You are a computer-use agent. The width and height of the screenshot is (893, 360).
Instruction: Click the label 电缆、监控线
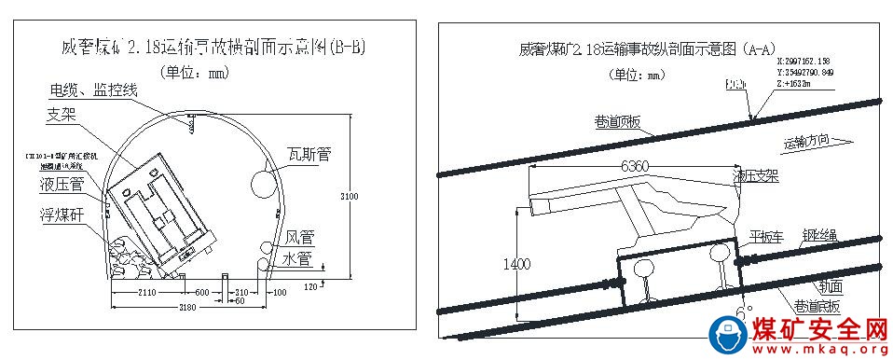[94, 90]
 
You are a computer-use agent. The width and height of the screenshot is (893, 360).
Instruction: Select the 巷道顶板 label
[617, 121]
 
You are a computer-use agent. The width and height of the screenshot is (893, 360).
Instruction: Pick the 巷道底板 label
[816, 304]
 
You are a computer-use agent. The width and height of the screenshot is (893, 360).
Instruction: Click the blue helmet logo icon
[728, 335]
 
